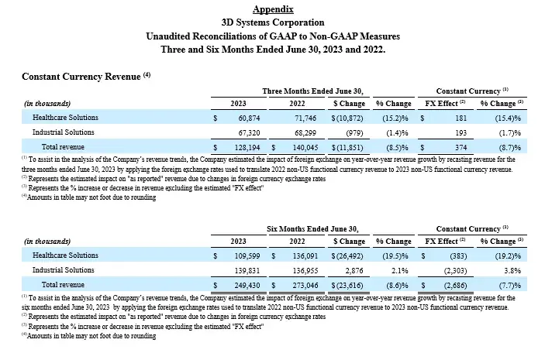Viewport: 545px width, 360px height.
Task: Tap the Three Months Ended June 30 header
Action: [x=312, y=91]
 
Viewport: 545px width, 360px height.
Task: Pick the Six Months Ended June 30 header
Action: [x=312, y=229]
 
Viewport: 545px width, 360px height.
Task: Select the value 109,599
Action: [x=243, y=255]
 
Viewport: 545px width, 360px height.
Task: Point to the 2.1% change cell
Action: [x=402, y=269]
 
